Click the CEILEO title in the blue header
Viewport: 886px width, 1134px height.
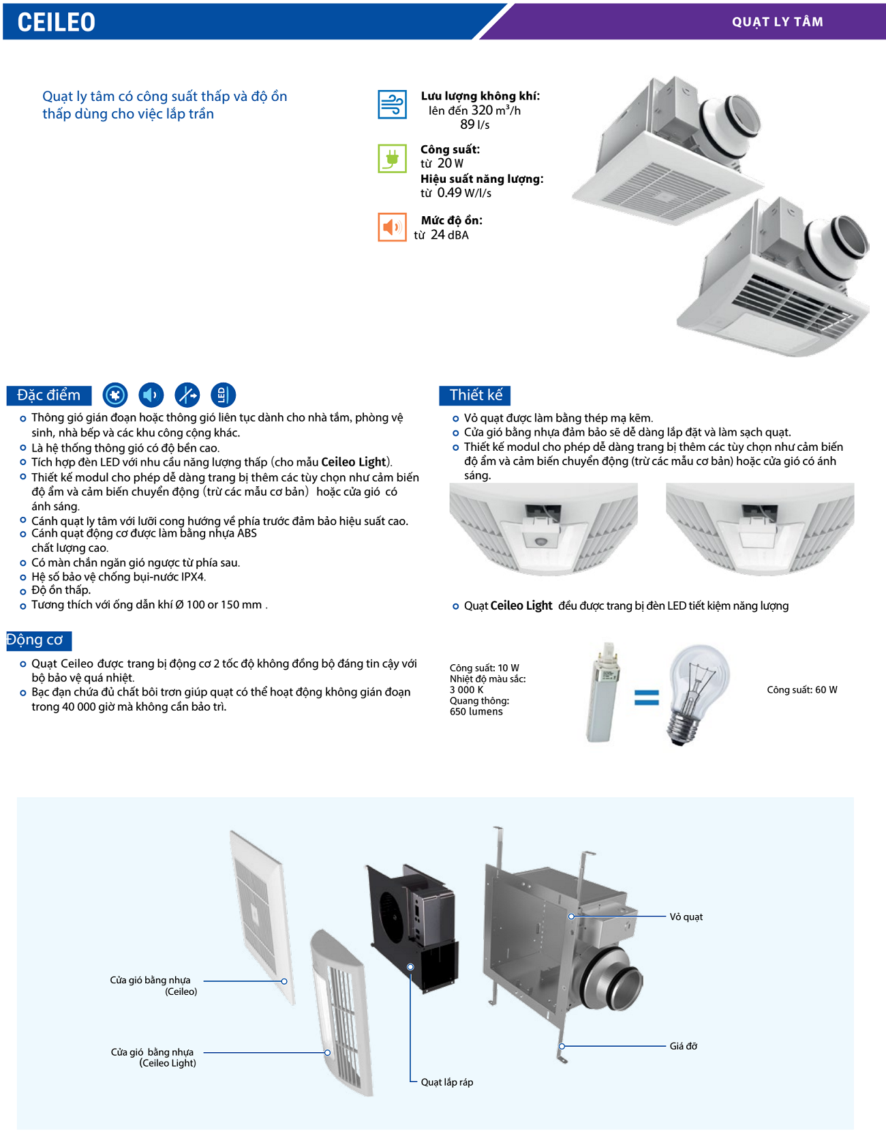(x=56, y=22)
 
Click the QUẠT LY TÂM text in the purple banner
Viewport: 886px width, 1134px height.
(x=777, y=22)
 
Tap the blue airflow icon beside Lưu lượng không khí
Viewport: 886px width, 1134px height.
(x=392, y=105)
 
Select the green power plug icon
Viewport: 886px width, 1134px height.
(x=392, y=158)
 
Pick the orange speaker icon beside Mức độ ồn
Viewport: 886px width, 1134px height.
(x=392, y=227)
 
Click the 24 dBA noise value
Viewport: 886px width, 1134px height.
(x=449, y=235)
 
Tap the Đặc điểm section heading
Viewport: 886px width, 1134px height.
(x=48, y=395)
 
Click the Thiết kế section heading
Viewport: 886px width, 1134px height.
(x=475, y=395)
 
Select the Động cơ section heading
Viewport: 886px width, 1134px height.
(x=35, y=640)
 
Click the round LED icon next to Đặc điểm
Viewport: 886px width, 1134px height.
(x=222, y=395)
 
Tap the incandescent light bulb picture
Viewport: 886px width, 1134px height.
(x=697, y=693)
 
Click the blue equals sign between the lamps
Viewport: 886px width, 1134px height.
(x=646, y=697)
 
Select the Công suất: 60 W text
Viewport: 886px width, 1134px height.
(x=801, y=690)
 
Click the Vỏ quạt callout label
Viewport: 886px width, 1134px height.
(x=686, y=917)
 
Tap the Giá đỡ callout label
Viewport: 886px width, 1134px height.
(x=683, y=1046)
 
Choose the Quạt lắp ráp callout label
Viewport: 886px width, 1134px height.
(x=446, y=1082)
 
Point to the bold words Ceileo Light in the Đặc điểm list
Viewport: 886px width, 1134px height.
(x=354, y=462)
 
